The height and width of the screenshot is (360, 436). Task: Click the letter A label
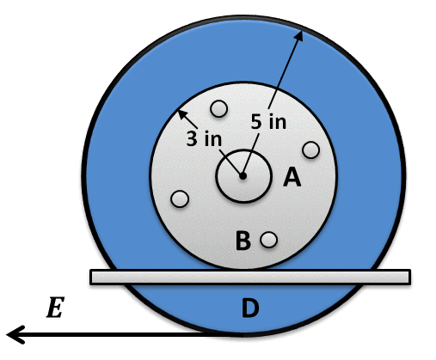pyautogui.click(x=292, y=178)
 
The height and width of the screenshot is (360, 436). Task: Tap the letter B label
pyautogui.click(x=243, y=241)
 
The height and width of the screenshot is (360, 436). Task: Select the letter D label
pyautogui.click(x=249, y=308)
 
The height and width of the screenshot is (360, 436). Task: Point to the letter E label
pyautogui.click(x=54, y=308)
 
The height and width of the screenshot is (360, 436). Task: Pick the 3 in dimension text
pyautogui.click(x=204, y=139)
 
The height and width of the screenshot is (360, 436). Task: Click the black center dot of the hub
pyautogui.click(x=243, y=176)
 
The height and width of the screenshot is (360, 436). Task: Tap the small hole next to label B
pyautogui.click(x=269, y=240)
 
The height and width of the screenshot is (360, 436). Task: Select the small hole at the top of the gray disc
pyautogui.click(x=219, y=109)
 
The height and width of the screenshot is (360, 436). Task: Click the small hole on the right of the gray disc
pyautogui.click(x=311, y=149)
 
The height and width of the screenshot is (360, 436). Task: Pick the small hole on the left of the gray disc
pyautogui.click(x=180, y=198)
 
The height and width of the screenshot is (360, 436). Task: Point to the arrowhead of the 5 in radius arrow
pyautogui.click(x=301, y=34)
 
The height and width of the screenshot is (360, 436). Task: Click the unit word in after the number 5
pyautogui.click(x=277, y=122)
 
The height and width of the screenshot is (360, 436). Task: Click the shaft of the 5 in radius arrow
pyautogui.click(x=279, y=86)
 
